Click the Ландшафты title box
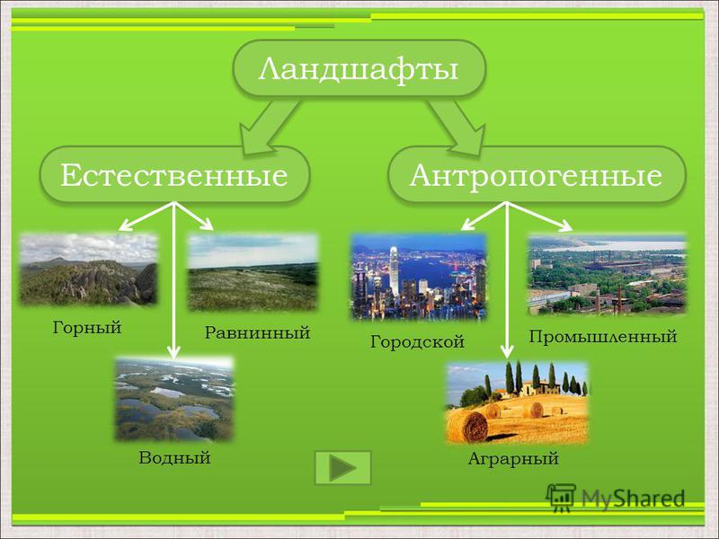[x=359, y=69]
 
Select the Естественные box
[x=174, y=174]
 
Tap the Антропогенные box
[x=537, y=174]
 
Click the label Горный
[x=87, y=328]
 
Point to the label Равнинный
[x=257, y=332]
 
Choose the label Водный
[x=174, y=458]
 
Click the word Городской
[x=417, y=342]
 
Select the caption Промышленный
[x=603, y=337]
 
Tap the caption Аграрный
[x=513, y=459]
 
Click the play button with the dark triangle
[x=343, y=468]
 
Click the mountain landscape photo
[x=88, y=270]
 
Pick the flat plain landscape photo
[x=253, y=273]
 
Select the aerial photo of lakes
[x=174, y=399]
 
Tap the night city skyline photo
[x=419, y=277]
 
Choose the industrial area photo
[x=608, y=275]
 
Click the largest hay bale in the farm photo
[x=469, y=427]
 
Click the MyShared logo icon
[x=561, y=498]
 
